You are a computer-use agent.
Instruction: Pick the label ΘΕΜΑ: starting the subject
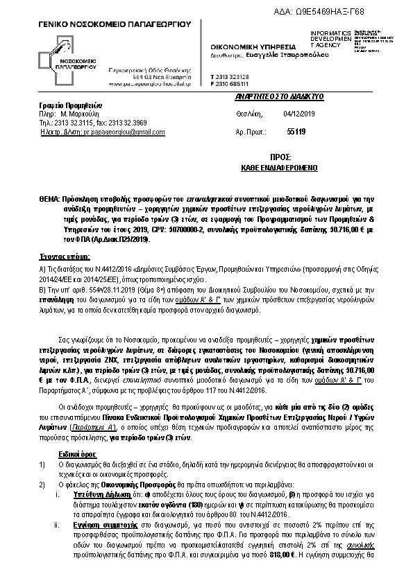pyautogui.click(x=49, y=198)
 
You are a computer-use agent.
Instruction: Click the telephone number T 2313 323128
pyautogui.click(x=230, y=76)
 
